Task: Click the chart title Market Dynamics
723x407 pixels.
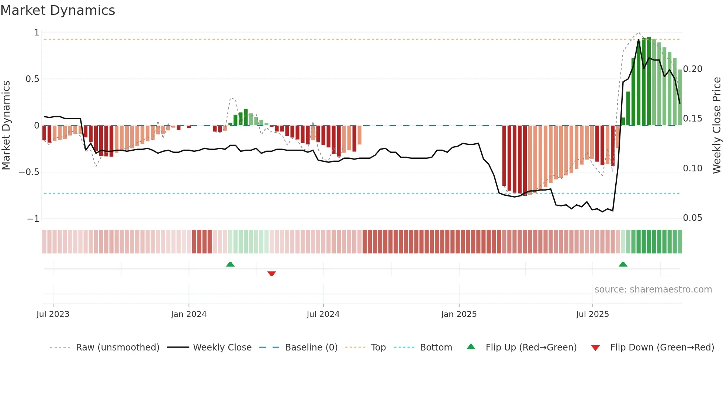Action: click(x=58, y=10)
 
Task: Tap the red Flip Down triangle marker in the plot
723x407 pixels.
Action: click(x=271, y=274)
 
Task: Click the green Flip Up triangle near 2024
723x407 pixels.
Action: click(x=230, y=264)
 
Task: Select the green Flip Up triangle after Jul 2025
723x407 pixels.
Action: click(x=623, y=264)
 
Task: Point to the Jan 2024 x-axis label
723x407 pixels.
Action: click(x=188, y=314)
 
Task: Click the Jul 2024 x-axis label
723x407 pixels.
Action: click(x=323, y=314)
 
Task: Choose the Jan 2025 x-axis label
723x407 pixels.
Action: click(x=459, y=314)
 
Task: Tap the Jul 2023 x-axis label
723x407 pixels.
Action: click(x=53, y=314)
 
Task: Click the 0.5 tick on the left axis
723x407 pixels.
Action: click(x=32, y=79)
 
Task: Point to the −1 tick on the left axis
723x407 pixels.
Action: click(x=33, y=219)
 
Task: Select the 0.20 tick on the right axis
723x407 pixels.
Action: click(x=692, y=69)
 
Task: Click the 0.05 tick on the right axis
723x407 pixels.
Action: click(x=692, y=218)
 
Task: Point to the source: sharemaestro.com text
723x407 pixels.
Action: click(x=653, y=290)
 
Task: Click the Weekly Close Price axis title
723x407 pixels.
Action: click(x=717, y=125)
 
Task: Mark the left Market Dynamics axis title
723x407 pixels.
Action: click(x=6, y=125)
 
